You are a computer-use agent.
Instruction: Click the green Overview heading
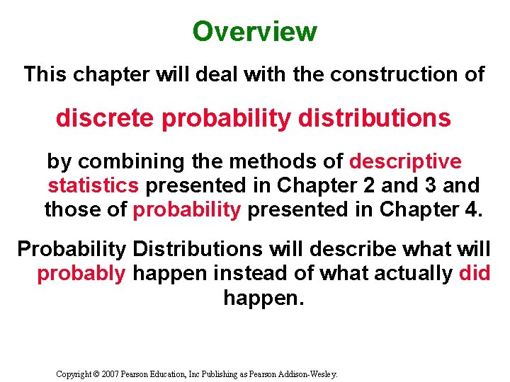255,32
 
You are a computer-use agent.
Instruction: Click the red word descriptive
405,162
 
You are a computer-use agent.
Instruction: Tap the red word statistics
93,186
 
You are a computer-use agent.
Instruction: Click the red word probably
81,274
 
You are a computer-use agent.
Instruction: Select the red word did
475,274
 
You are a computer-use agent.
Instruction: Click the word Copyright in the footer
74,373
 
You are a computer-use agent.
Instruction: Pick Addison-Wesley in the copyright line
309,373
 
